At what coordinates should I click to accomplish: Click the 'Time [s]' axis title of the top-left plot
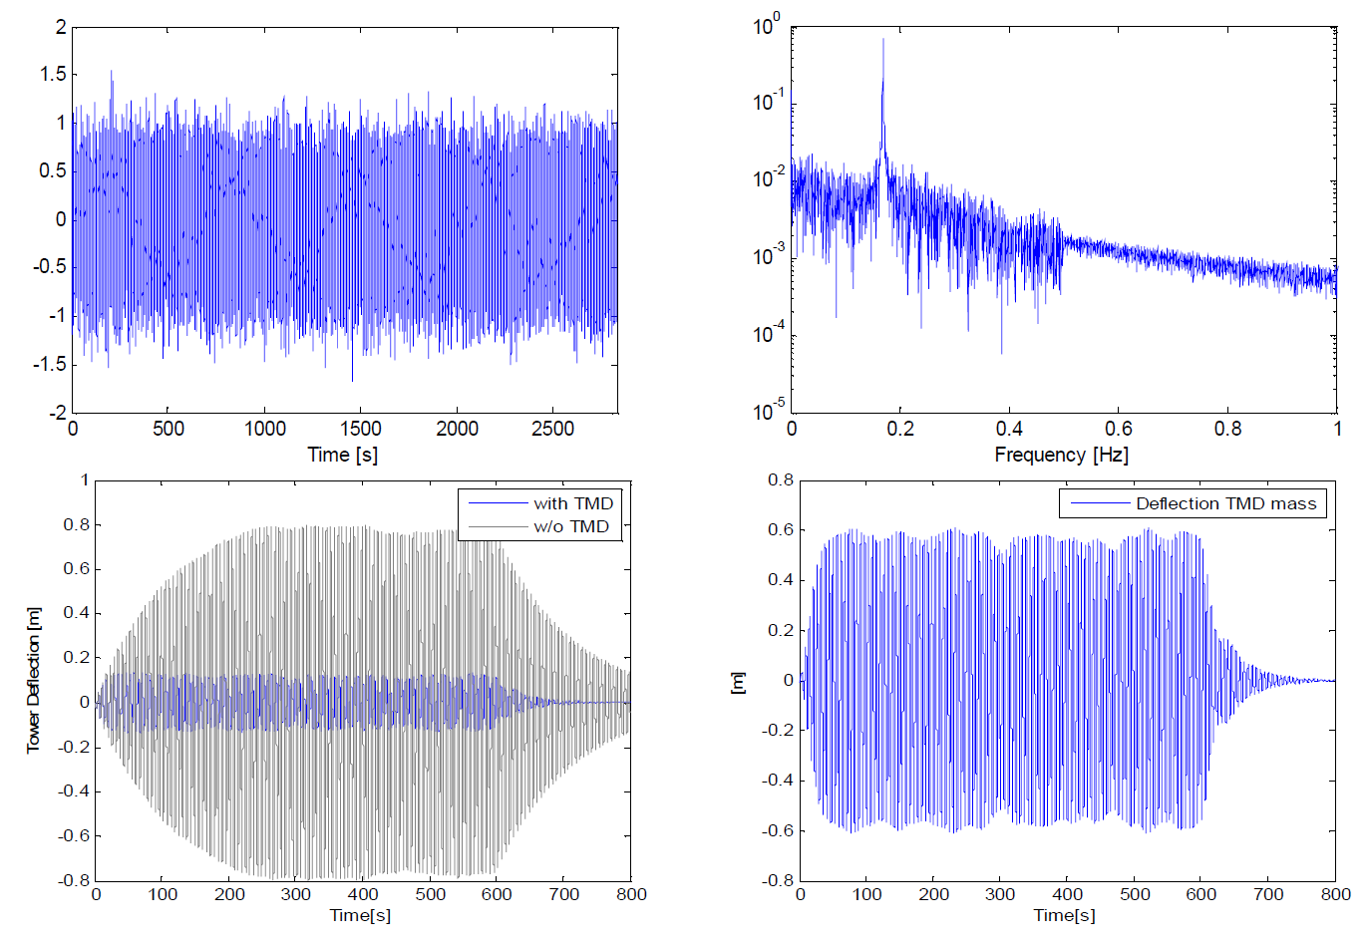point(342,455)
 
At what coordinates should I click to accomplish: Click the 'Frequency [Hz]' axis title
point(1061,455)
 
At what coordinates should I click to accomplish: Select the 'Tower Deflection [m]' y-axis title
point(34,679)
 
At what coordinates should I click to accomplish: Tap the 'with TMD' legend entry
point(572,503)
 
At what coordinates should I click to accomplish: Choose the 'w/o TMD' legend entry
point(570,526)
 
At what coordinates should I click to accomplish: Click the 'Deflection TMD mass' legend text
point(1225,503)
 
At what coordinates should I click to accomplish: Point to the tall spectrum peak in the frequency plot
point(882,42)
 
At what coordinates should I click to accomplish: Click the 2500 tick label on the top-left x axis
point(552,429)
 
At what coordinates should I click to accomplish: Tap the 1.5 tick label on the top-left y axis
point(53,74)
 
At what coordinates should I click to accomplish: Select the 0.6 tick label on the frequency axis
point(1119,429)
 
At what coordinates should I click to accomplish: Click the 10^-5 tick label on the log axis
point(769,410)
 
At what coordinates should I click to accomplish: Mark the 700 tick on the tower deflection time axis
point(564,894)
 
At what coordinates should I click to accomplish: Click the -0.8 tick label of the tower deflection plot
point(74,880)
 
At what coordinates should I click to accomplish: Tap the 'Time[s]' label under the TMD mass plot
point(1064,915)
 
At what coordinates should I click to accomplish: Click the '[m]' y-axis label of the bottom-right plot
point(738,682)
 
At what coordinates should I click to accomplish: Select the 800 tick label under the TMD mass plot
point(1335,894)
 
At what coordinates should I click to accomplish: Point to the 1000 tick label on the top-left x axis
point(265,429)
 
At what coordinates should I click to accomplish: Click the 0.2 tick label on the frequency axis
point(900,429)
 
